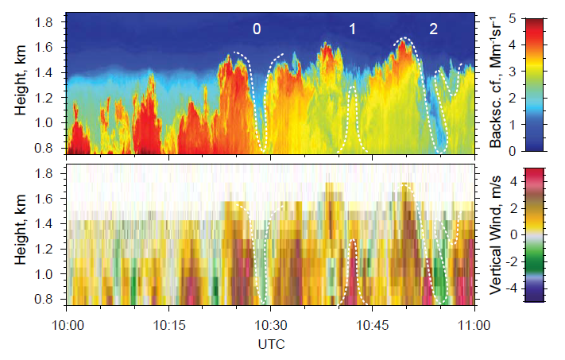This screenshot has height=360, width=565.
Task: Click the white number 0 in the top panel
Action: point(257,29)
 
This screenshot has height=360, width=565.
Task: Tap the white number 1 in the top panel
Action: point(352,29)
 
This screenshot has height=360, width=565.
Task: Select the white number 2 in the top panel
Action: point(433,29)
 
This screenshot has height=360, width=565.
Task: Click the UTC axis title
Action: point(272,345)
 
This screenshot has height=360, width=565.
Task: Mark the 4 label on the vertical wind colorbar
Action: point(537,181)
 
